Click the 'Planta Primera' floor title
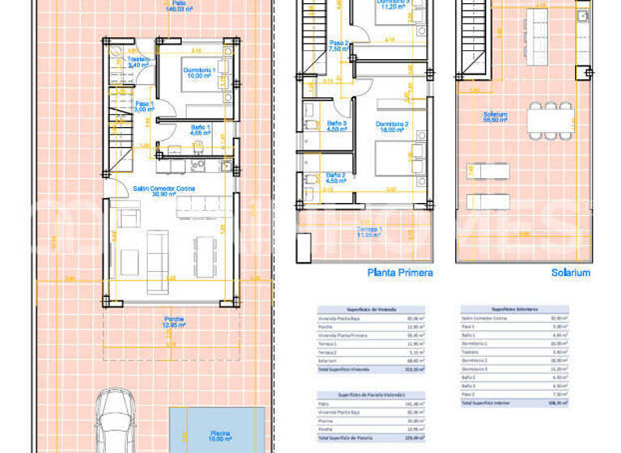point(399,273)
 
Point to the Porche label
point(173,321)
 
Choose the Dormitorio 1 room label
point(199,74)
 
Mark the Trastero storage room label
point(139,61)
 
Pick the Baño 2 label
point(336,177)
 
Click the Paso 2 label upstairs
point(339,45)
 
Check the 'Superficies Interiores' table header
point(514,309)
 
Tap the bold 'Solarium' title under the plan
point(570,273)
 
